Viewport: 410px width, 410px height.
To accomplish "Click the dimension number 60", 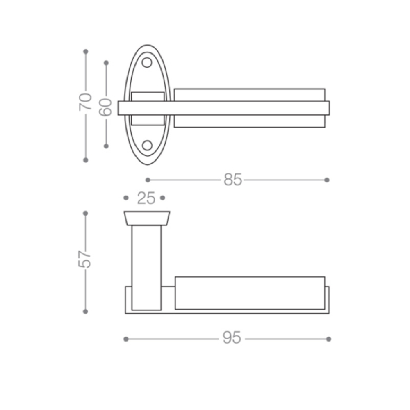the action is (x=105, y=107).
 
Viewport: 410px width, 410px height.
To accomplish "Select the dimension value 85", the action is (x=233, y=180).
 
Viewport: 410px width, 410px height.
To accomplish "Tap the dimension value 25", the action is (x=146, y=198).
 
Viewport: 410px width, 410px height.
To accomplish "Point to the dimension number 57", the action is (x=84, y=259).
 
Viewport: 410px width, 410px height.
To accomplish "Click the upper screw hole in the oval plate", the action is (x=147, y=63).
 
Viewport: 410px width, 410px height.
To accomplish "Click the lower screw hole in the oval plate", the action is (x=147, y=146).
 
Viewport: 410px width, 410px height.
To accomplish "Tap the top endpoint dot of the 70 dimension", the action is (x=86, y=52).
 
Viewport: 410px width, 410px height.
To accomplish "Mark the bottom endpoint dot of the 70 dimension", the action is (x=86, y=160).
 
